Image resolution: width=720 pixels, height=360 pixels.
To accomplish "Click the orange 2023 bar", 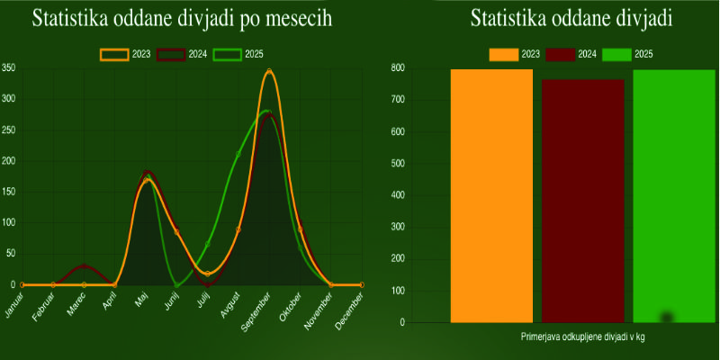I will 491,195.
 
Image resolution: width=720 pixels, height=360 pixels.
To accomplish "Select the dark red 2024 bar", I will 583,200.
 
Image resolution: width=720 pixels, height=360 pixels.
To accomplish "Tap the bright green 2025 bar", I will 674,195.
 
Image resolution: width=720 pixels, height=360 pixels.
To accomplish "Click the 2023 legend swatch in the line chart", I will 113,55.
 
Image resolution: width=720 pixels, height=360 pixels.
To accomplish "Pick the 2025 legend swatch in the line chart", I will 227,55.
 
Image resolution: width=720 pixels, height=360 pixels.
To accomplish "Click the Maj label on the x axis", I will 142,299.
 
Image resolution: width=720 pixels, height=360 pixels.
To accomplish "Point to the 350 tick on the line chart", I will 8,68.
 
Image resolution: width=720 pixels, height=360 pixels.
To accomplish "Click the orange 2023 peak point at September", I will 269,71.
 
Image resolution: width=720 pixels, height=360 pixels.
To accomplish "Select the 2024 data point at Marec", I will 85,265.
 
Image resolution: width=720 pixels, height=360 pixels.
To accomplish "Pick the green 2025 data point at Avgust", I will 238,154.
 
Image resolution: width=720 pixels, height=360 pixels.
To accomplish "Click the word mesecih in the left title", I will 291,20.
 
